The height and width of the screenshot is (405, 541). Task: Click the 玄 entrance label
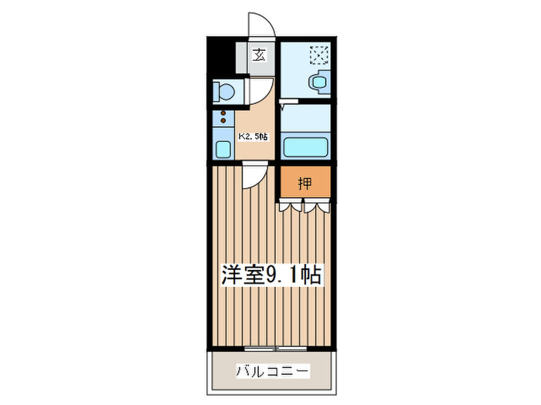click(x=260, y=56)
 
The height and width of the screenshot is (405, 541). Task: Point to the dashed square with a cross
click(x=317, y=55)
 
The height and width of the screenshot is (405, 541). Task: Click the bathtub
click(x=305, y=147)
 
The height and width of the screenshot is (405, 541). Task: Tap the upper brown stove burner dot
click(x=224, y=113)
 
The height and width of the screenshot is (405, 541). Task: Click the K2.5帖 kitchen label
click(x=253, y=137)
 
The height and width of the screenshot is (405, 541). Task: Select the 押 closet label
click(x=305, y=183)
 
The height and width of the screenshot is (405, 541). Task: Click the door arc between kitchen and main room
click(x=252, y=177)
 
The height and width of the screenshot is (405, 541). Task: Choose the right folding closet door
click(x=318, y=205)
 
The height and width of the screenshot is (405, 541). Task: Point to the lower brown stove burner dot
click(x=224, y=121)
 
